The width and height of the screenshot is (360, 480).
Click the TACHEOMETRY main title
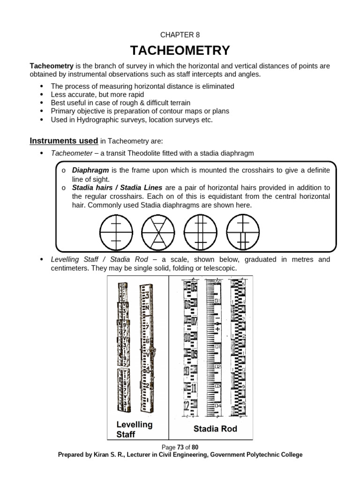(180, 50)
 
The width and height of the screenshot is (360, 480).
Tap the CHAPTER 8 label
(180, 34)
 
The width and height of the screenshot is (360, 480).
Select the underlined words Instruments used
(64, 141)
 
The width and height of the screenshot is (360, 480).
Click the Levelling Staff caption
(135, 429)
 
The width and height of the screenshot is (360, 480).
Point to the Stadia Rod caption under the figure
(215, 428)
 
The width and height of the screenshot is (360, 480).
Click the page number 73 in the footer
(180, 447)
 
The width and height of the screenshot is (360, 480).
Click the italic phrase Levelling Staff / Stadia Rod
(99, 260)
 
